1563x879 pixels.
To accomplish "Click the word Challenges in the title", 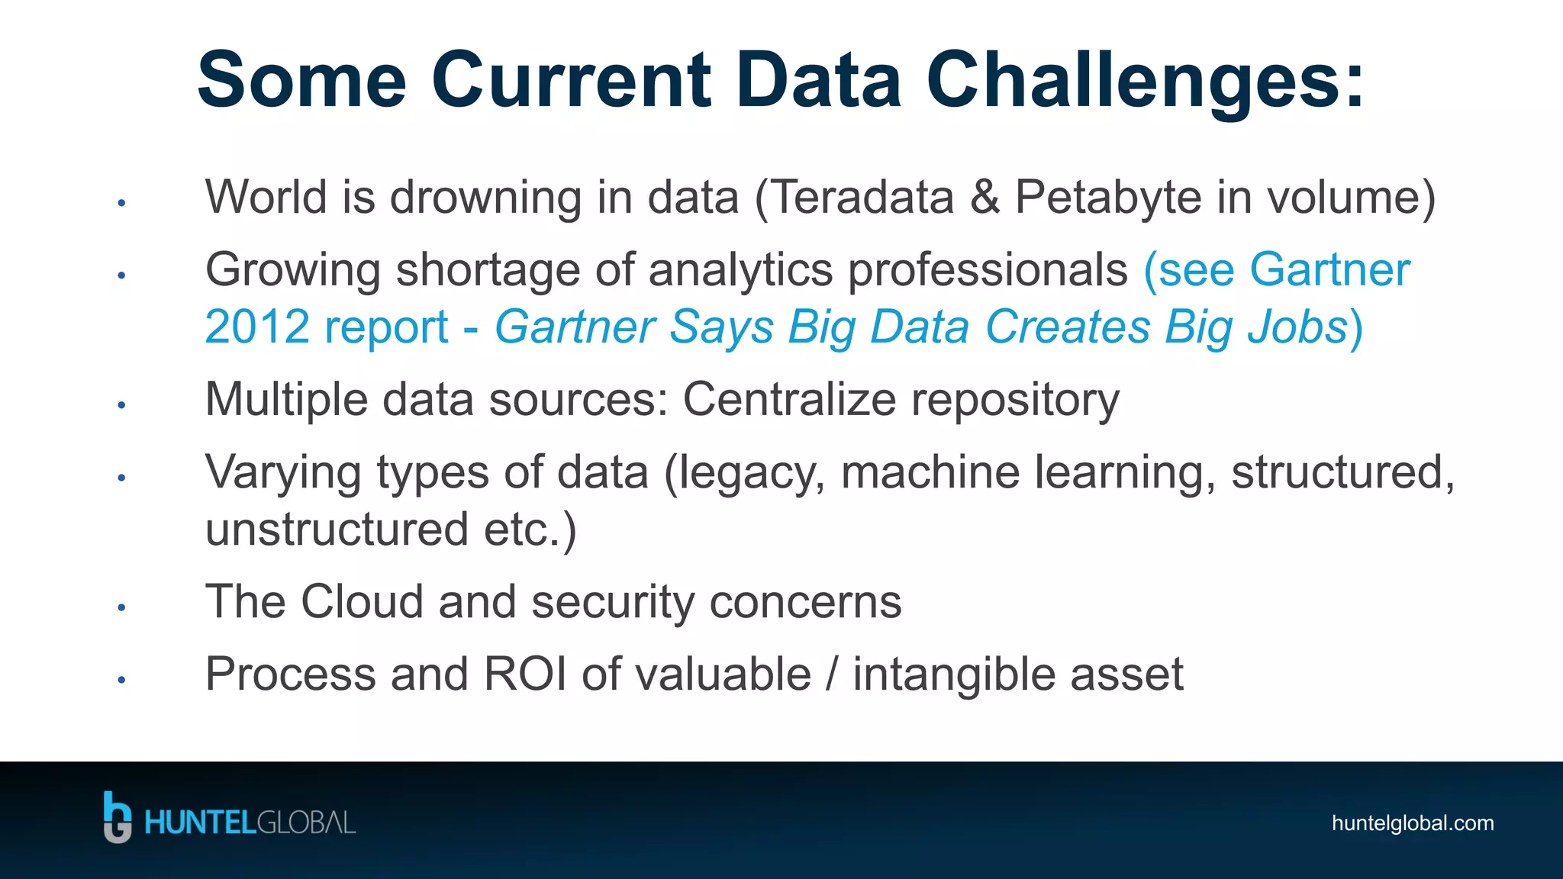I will click(1145, 81).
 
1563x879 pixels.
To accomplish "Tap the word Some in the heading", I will click(302, 81).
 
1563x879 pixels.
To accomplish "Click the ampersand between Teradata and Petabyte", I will click(985, 197).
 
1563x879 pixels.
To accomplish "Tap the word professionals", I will click(988, 270).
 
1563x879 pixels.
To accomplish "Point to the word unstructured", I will click(337, 530).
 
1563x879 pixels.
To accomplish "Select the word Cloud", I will click(362, 601).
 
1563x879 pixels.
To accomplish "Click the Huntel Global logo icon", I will click(118, 817).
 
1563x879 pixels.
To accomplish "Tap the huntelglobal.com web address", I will click(1412, 823).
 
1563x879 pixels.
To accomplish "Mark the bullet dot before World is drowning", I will click(121, 203).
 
